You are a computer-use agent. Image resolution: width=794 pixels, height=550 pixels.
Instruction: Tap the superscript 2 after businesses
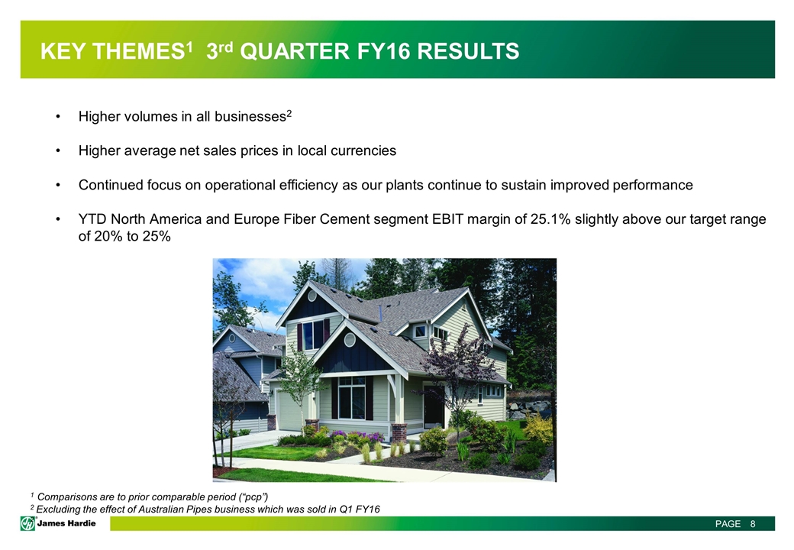pyautogui.click(x=289, y=114)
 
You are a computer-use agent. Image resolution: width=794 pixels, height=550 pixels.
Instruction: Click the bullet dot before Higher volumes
pyautogui.click(x=58, y=117)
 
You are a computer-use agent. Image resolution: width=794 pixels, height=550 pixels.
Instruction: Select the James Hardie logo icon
pyautogui.click(x=27, y=523)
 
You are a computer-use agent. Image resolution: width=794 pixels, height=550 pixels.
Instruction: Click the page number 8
pyautogui.click(x=753, y=524)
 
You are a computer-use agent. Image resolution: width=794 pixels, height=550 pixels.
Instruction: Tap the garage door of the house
pyautogui.click(x=289, y=411)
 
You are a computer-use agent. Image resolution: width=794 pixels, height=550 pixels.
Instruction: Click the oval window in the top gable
pyautogui.click(x=312, y=296)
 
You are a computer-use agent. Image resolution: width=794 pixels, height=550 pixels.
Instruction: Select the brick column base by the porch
pyautogui.click(x=399, y=432)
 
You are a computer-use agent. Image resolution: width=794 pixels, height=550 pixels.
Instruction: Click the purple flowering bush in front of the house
pyautogui.click(x=357, y=436)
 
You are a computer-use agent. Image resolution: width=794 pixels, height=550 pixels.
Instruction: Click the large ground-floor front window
pyautogui.click(x=351, y=398)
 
